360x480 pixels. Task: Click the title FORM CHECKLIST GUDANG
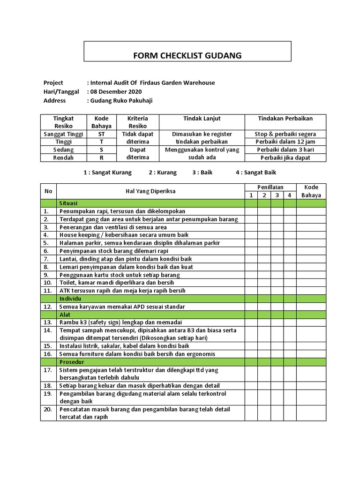pos(187,55)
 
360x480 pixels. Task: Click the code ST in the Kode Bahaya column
pos(102,134)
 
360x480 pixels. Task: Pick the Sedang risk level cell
pos(64,150)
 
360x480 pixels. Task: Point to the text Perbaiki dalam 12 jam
pos(285,142)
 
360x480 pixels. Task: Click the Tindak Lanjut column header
pos(202,119)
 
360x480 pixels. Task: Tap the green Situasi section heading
pos(68,203)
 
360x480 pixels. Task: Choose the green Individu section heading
pos(71,299)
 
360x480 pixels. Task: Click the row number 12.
pos(47,307)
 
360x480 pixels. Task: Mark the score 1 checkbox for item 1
pos(251,211)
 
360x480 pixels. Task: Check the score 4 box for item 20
pos(290,413)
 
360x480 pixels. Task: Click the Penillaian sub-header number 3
pos(277,195)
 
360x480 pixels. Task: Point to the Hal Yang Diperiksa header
pos(150,191)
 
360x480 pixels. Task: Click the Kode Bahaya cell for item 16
pos(311,354)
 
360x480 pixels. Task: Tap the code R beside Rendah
pos(102,158)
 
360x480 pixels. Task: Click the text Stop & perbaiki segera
pos(285,134)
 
